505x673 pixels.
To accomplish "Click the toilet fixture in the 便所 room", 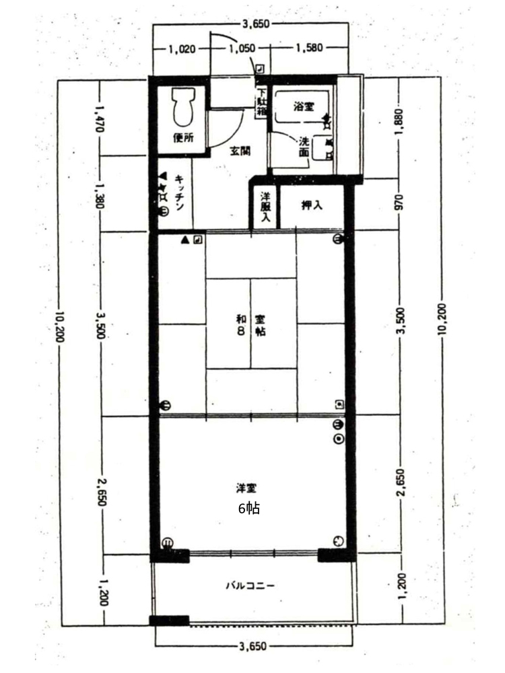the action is tap(184, 107).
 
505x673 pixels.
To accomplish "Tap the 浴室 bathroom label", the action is tap(304, 106).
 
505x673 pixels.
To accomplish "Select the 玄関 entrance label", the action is tap(240, 151).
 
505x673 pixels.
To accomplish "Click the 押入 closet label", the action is tap(312, 205).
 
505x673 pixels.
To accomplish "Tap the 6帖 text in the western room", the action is tap(249, 509).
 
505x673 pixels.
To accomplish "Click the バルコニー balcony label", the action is tap(250, 586).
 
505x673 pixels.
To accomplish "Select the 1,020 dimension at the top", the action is tap(182, 49).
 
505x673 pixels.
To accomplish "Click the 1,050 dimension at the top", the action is tap(242, 49).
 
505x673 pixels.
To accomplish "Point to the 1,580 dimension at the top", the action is tap(309, 48).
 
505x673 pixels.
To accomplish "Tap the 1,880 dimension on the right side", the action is tap(399, 121).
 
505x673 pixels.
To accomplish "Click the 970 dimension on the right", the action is tap(399, 203).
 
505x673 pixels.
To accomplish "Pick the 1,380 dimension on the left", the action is tap(100, 196).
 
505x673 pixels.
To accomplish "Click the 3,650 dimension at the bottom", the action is tap(253, 645).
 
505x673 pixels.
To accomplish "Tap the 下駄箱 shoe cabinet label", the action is tap(261, 103).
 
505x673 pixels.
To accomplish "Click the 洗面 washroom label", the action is tap(304, 146).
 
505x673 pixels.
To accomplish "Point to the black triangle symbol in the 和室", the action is tap(184, 240).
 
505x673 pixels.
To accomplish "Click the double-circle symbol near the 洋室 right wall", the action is tap(339, 439).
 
